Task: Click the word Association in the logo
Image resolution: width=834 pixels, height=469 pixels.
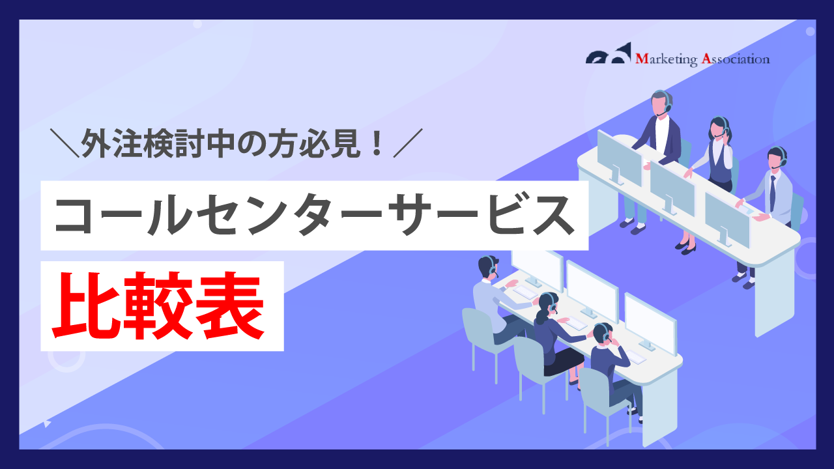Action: point(736,59)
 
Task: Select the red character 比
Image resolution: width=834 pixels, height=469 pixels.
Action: point(87,306)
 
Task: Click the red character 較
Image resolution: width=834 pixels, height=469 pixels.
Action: point(158,306)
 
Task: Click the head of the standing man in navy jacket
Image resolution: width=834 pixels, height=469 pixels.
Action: point(661,102)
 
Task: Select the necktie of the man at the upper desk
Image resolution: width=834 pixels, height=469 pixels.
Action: point(773,193)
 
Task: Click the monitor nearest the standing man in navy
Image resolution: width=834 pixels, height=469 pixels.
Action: point(619,158)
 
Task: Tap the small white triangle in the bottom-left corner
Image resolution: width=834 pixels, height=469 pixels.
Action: point(46,423)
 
